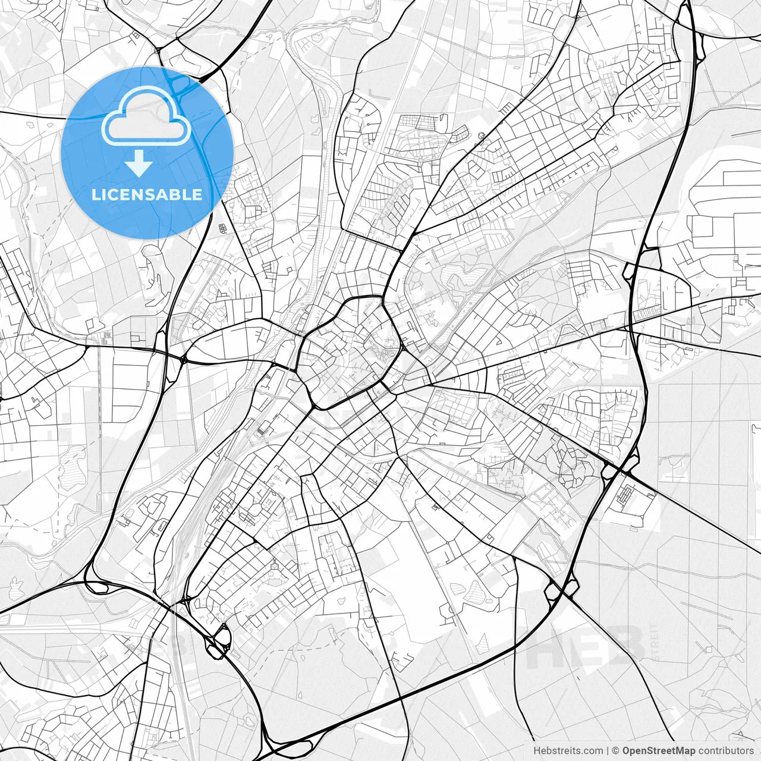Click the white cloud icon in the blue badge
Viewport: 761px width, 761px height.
point(146,117)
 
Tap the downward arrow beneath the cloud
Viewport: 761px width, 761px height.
point(139,163)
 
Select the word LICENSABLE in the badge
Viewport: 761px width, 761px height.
point(147,194)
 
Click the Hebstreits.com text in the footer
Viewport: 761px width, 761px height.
point(568,751)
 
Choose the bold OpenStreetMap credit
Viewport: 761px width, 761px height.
point(658,751)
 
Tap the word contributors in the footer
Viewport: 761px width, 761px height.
point(725,751)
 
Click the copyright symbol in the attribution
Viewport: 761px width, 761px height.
point(616,751)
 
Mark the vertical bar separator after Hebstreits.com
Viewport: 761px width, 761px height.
point(608,751)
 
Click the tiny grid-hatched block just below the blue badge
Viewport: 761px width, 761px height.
point(223,228)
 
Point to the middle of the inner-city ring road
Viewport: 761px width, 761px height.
point(348,354)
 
